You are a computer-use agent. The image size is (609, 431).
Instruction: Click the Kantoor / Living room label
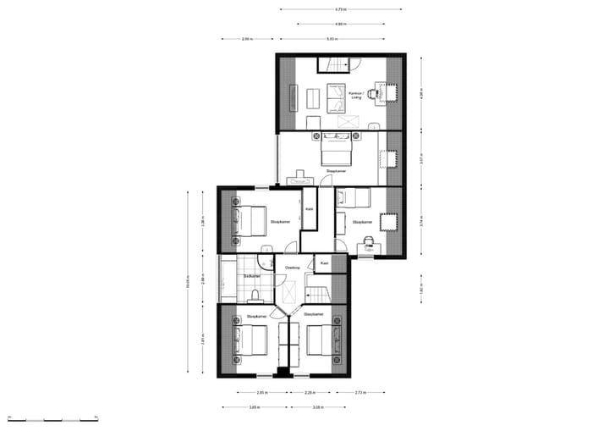click(356, 96)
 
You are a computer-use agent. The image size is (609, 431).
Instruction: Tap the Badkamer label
click(251, 276)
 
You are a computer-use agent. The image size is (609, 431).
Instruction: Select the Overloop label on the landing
click(293, 268)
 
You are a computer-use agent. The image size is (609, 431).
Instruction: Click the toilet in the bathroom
click(255, 295)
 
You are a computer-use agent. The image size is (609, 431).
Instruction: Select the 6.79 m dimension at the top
click(339, 10)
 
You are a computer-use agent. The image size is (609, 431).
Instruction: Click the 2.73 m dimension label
click(359, 393)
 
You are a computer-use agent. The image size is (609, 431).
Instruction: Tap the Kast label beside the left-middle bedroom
click(310, 208)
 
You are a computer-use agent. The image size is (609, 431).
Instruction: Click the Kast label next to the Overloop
click(324, 263)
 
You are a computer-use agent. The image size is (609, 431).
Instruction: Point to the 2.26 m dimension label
click(310, 393)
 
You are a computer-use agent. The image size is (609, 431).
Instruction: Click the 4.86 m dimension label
click(339, 24)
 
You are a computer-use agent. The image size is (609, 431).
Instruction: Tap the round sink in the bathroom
click(266, 250)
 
